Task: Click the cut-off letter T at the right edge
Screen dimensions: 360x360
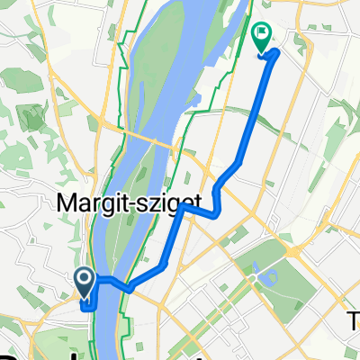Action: pyautogui.click(x=354, y=319)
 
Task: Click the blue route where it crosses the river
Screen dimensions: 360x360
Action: pyautogui.click(x=112, y=283)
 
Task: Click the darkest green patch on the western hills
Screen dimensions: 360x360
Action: pyautogui.click(x=33, y=115)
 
